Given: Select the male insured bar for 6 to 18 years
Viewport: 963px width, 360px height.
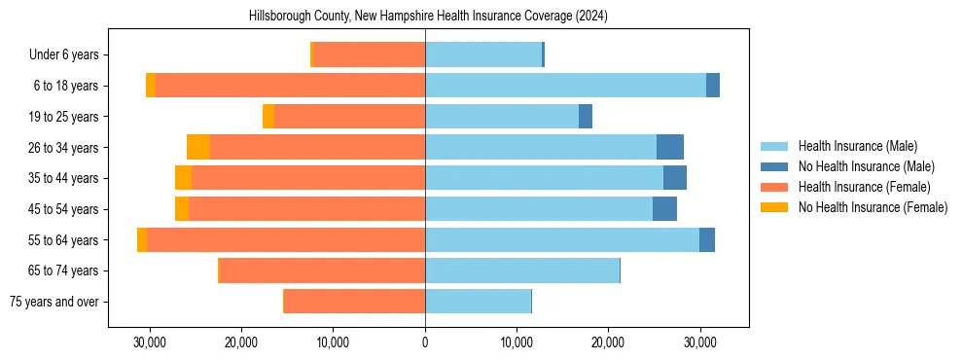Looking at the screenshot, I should click(565, 86).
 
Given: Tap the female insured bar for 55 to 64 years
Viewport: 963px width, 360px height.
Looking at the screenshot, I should click(286, 239).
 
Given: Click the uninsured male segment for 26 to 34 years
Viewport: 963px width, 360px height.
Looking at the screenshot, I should click(670, 147).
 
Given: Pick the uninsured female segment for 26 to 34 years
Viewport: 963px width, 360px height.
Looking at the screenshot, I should click(198, 147).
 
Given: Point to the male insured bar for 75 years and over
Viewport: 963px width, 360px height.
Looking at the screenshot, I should click(478, 302).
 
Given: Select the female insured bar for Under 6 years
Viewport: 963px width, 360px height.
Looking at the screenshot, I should click(369, 54).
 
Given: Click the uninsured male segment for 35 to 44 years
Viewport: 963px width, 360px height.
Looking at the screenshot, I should click(675, 178).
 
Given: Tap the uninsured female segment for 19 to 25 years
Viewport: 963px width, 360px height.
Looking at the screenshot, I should click(268, 117).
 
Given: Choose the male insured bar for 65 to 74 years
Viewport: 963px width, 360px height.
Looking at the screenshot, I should click(522, 270).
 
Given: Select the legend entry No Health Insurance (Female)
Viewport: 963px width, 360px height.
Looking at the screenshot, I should click(873, 207).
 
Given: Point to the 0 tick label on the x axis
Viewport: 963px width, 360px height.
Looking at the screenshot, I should click(425, 342).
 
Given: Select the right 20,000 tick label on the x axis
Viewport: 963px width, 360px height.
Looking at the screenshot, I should click(608, 342).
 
